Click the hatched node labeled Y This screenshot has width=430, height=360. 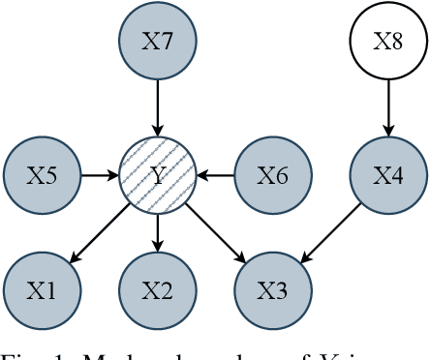coord(157,175)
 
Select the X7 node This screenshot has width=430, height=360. coord(157,41)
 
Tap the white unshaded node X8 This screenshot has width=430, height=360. coord(387,41)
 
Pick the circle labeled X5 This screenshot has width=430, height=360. coord(42,175)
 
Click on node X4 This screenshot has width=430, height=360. coord(387,175)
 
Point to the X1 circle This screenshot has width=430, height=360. coord(42,290)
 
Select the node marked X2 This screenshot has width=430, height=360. coord(157,290)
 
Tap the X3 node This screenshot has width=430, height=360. coord(272,290)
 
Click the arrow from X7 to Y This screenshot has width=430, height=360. coord(157,107)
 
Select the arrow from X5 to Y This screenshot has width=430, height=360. coord(99,175)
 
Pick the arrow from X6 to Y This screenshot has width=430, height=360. coord(215,175)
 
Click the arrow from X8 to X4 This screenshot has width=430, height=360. coord(387,107)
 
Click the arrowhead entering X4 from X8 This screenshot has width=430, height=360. coord(387,132)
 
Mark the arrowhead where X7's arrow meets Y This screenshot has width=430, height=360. coord(157,132)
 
